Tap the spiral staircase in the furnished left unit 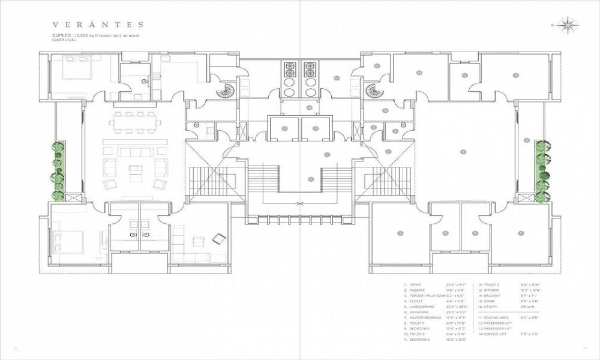coord(227,92)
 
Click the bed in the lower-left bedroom coord(68,242)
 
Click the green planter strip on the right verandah coord(543,171)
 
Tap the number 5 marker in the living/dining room coord(462,152)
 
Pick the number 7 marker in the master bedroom coord(521,233)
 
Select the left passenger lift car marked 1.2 coord(284,128)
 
